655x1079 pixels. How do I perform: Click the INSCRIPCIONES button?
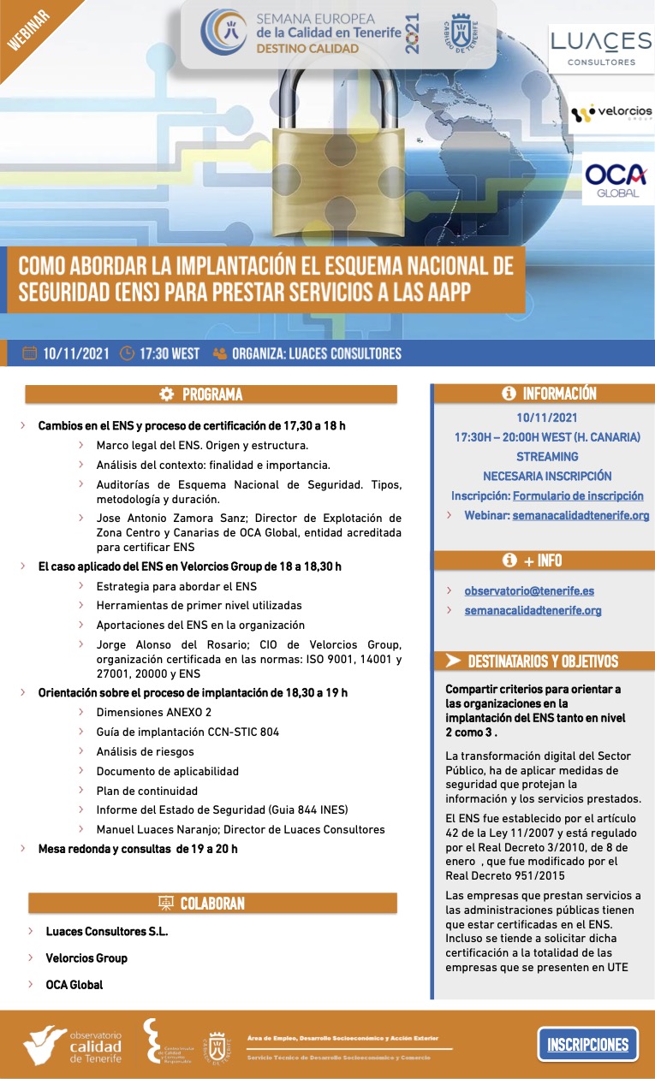click(587, 1044)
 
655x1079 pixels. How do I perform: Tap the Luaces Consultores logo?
click(601, 49)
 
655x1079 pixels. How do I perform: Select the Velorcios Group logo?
click(611, 112)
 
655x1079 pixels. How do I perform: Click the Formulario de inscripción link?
click(578, 495)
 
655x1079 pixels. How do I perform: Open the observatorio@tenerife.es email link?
click(529, 590)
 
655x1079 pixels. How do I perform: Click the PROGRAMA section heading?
click(211, 394)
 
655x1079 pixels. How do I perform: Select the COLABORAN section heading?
click(211, 904)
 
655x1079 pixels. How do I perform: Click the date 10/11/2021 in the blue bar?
click(75, 353)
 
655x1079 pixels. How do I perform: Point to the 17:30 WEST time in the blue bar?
click(170, 353)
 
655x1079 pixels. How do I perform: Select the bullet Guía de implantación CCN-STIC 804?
click(188, 732)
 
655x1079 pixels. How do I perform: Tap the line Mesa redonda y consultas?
click(138, 849)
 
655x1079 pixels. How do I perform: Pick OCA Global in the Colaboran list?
click(74, 985)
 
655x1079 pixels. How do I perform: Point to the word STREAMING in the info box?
click(547, 457)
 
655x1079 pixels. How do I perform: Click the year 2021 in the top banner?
click(414, 34)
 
